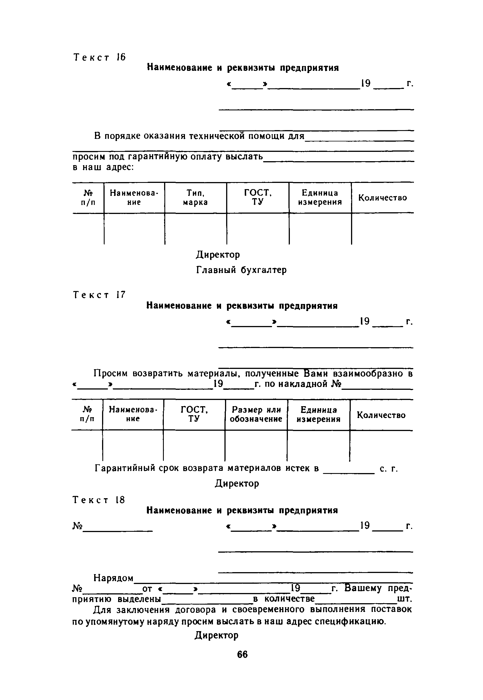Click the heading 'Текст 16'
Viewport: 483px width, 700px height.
pos(100,58)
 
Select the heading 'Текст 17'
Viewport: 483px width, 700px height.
pos(99,295)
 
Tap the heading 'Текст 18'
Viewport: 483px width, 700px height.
pos(99,500)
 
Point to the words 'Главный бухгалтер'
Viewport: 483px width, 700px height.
pos(241,270)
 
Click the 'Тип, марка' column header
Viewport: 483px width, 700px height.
pos(195,198)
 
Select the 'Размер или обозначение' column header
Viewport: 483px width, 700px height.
pos(256,414)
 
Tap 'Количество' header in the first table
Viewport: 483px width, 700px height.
pos(383,198)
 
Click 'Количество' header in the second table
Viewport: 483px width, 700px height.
pos(381,415)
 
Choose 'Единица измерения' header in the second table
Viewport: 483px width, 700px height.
pos(318,414)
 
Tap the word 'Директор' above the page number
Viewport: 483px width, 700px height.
pos(217,635)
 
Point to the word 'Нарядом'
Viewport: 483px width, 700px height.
pos(113,578)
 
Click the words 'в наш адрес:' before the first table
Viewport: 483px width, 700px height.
pos(103,167)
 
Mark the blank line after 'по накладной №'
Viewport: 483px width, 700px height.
pos(377,388)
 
